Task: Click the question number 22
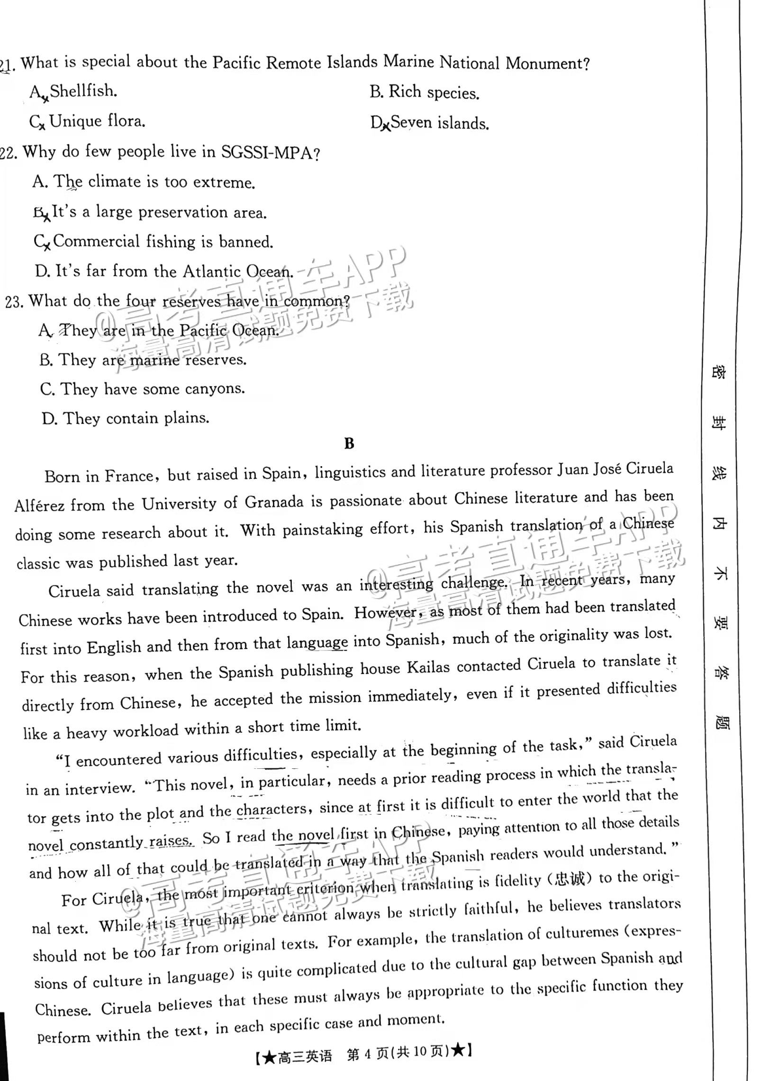pyautogui.click(x=9, y=153)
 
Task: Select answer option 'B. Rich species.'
pyautogui.click(x=424, y=92)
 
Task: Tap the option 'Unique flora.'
pyautogui.click(x=97, y=122)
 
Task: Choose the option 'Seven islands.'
pyautogui.click(x=439, y=123)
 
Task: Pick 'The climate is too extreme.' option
pyautogui.click(x=154, y=182)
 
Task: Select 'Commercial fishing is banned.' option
pyautogui.click(x=163, y=242)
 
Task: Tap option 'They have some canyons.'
pyautogui.click(x=153, y=389)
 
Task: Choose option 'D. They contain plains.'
pyautogui.click(x=126, y=418)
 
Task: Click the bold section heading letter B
pyautogui.click(x=349, y=443)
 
